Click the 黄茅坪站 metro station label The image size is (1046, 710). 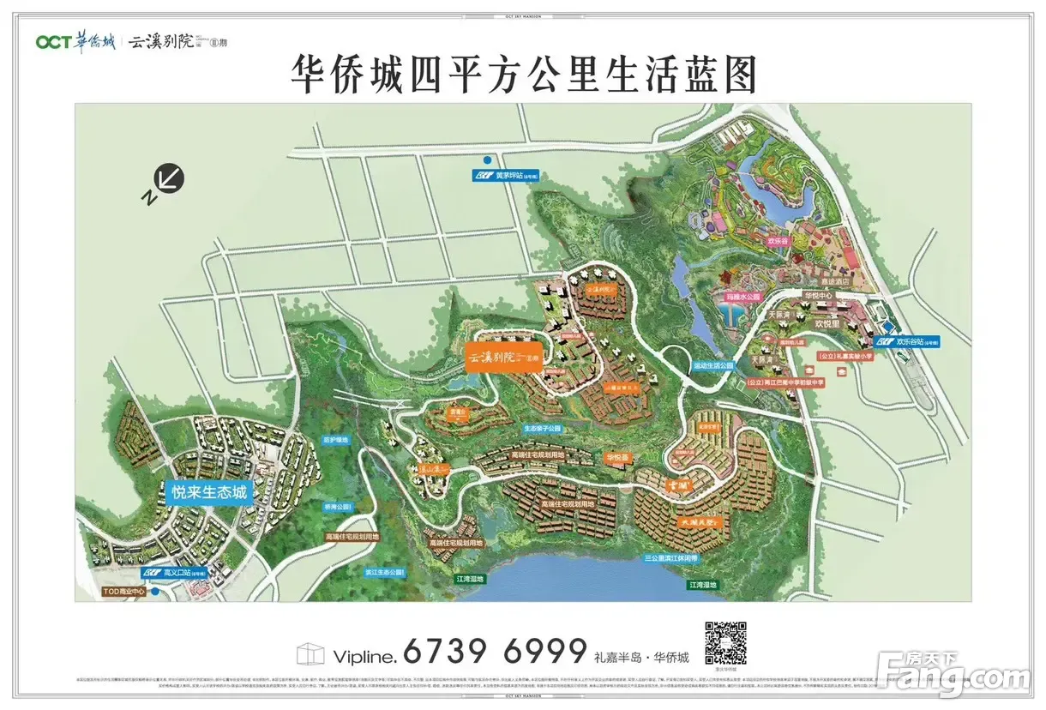click(511, 176)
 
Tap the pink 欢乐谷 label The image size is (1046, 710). click(778, 243)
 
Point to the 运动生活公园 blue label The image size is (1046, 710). click(714, 364)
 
